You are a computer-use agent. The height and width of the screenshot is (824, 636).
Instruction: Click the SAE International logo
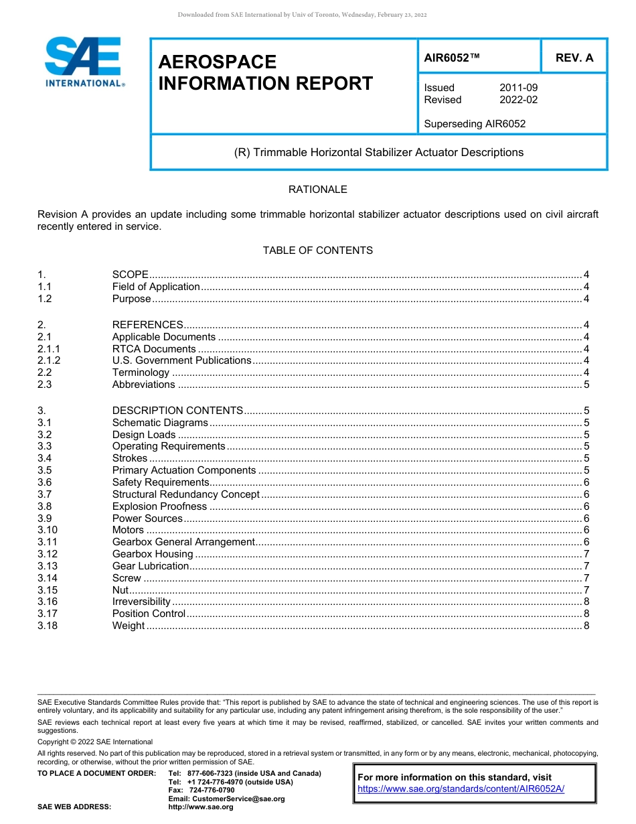tap(84, 62)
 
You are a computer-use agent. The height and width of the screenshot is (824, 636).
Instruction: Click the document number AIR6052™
tap(452, 58)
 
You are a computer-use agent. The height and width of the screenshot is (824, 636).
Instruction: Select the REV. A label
tap(574, 58)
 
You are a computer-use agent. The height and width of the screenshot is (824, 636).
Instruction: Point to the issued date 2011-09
tap(518, 88)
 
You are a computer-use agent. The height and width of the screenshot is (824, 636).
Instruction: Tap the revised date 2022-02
tap(518, 100)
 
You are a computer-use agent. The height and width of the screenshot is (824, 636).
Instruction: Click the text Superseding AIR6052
tap(474, 124)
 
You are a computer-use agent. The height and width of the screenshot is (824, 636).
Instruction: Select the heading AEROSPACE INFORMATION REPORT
tap(265, 72)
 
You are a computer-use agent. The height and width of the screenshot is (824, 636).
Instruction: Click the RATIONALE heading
tap(317, 190)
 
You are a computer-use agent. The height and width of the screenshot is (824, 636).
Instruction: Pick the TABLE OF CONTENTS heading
tap(317, 251)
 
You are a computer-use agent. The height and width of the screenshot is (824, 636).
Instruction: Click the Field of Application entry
tap(156, 287)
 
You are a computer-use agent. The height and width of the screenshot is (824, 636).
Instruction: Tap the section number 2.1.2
tap(49, 360)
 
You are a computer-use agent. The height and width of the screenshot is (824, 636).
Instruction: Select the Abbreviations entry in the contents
tap(143, 385)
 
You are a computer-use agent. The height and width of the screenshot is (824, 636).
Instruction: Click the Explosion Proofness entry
tap(159, 506)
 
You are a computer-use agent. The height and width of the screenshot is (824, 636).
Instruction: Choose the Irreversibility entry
tap(141, 602)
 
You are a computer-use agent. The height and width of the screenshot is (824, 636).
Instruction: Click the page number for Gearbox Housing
tap(586, 554)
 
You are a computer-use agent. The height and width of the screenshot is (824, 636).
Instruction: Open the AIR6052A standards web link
tap(461, 789)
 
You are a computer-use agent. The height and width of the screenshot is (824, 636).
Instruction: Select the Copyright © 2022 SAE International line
tap(95, 742)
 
